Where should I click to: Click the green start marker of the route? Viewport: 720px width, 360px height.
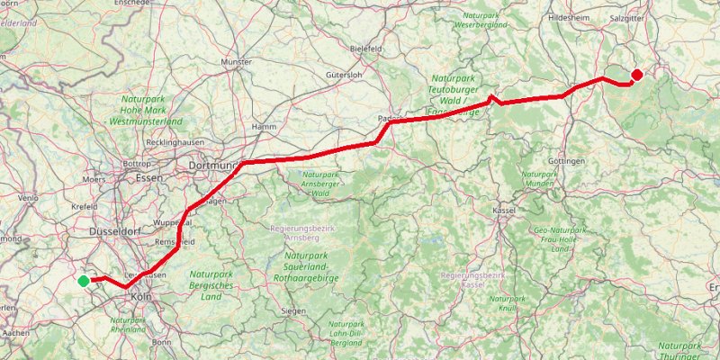(x=84, y=281)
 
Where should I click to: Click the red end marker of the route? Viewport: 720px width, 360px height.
(x=637, y=75)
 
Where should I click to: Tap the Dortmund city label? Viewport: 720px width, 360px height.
(x=211, y=166)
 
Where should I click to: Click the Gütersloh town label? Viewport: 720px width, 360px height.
(x=343, y=76)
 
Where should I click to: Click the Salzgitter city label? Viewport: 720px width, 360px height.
(x=627, y=17)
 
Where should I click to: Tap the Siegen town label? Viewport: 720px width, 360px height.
(x=293, y=310)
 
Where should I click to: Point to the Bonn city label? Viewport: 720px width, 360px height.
(x=162, y=342)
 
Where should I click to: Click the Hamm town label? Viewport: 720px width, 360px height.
(x=265, y=127)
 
